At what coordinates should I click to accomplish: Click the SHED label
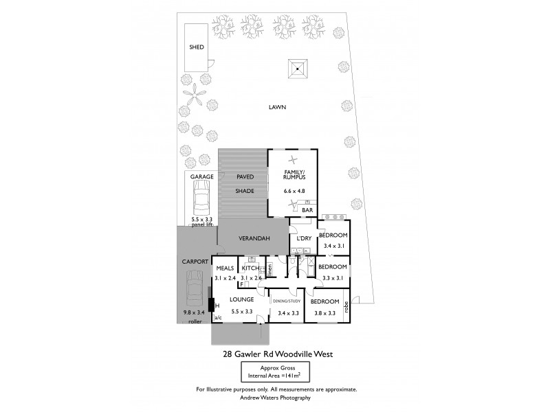[x=198, y=48]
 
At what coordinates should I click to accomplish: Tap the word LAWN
[x=278, y=107]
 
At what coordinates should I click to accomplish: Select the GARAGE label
[x=202, y=176]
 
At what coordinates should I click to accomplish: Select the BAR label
[x=307, y=209]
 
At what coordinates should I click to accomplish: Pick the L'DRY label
[x=305, y=238]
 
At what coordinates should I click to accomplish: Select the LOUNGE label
[x=242, y=300]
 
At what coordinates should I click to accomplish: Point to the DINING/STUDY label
[x=287, y=300]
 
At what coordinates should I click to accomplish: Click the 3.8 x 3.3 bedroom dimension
[x=323, y=313]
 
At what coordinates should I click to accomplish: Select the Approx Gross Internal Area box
[x=274, y=371]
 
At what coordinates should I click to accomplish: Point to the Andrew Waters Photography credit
[x=275, y=398]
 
